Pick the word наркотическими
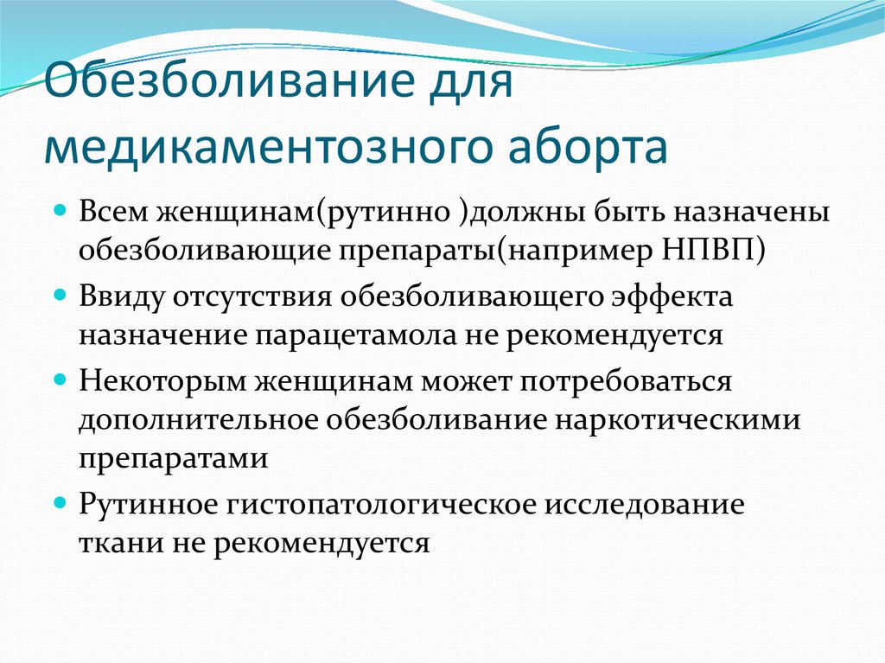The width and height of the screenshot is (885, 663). [678, 420]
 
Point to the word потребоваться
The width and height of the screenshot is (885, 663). [626, 382]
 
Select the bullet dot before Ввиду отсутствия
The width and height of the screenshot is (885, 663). [60, 295]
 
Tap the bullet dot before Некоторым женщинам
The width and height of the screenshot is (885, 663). [60, 379]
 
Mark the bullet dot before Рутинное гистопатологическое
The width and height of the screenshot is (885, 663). [60, 502]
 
